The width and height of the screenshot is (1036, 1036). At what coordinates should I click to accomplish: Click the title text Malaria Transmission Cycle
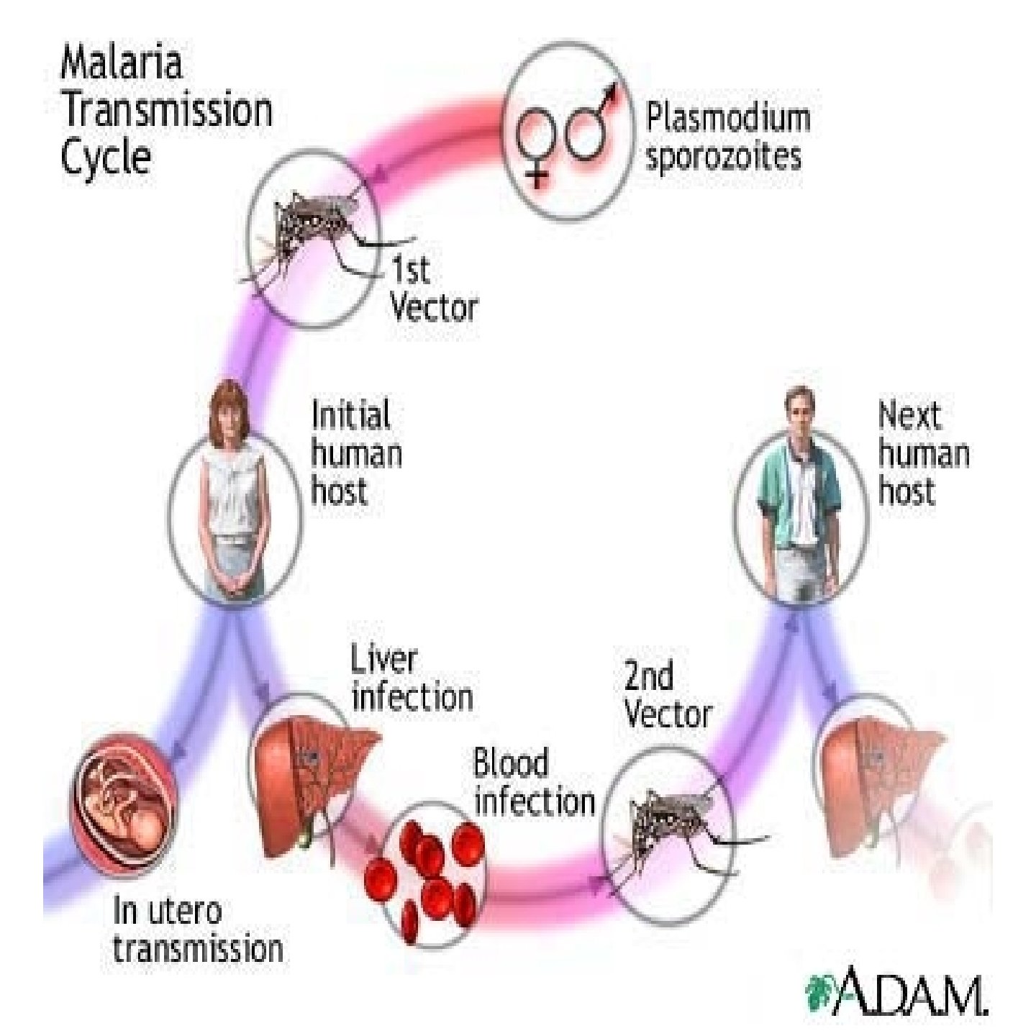click(x=165, y=109)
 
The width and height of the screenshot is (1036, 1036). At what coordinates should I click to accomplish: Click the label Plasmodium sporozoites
click(x=727, y=137)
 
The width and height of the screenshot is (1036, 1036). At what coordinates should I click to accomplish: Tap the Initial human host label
click(x=355, y=453)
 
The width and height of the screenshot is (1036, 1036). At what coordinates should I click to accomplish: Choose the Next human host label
click(x=922, y=453)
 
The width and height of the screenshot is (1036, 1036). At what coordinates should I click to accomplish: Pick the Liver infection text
click(x=410, y=678)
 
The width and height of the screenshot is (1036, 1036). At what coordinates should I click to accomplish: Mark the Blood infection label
click(x=532, y=782)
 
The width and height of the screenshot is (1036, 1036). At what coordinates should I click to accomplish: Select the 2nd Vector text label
click(x=666, y=695)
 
